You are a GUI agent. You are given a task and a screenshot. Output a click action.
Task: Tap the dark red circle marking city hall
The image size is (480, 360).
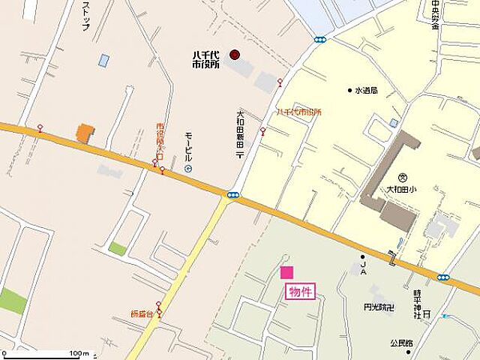(x=234, y=54)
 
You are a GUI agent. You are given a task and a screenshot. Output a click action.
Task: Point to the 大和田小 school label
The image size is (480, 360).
(x=401, y=190)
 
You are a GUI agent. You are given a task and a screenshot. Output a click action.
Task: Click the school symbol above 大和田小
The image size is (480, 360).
(x=402, y=177)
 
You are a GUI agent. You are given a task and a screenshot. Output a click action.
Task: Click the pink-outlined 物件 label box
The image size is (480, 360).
(x=298, y=292)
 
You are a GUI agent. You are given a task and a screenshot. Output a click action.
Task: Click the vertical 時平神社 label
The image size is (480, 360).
(x=417, y=304)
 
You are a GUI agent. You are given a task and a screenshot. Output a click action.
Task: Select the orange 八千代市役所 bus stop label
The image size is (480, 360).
(x=298, y=112)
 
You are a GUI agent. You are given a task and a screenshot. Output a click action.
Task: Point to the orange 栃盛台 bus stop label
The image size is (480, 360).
(x=140, y=313)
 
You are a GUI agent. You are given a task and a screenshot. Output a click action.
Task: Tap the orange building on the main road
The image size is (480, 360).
(x=85, y=133)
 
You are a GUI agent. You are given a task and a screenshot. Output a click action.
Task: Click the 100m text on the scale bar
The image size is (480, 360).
(x=78, y=352)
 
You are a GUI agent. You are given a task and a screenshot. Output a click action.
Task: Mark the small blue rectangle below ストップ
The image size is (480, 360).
(x=103, y=60)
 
